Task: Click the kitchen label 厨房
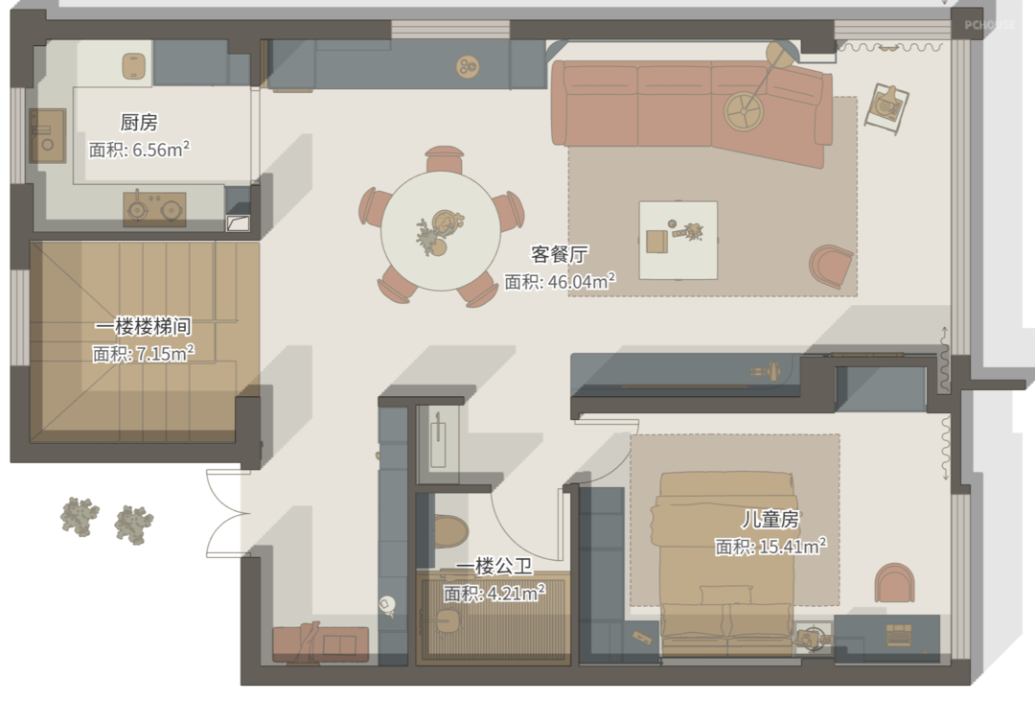click(x=139, y=122)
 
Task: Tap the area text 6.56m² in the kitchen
click(x=161, y=150)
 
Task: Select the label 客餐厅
click(x=560, y=254)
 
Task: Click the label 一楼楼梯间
click(x=143, y=326)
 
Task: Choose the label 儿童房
click(x=770, y=520)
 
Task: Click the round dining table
click(x=440, y=231)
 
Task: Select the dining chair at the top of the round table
click(x=445, y=159)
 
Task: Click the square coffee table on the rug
click(x=678, y=240)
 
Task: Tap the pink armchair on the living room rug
click(x=831, y=266)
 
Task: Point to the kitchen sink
click(x=47, y=135)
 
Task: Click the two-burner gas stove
click(x=154, y=209)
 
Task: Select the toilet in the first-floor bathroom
click(x=449, y=531)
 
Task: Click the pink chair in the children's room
click(x=894, y=583)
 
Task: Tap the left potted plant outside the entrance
click(x=80, y=517)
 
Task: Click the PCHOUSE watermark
click(x=989, y=25)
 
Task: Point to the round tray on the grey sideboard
click(x=468, y=66)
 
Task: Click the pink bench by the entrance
click(x=321, y=643)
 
